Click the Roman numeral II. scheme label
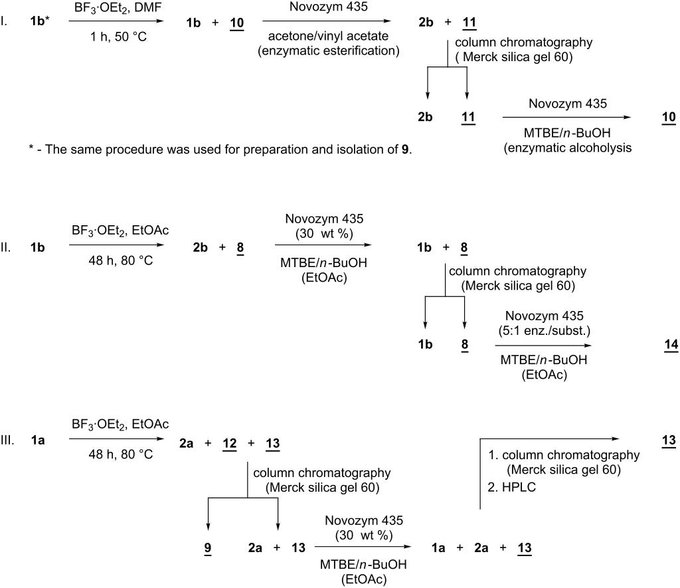tap(5, 248)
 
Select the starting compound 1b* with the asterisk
tap(40, 21)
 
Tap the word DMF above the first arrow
tap(148, 8)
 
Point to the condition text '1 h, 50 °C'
tap(118, 37)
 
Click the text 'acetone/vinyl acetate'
tap(328, 36)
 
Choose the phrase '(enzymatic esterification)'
tap(329, 50)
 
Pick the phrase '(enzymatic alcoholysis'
tap(568, 148)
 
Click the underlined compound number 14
tap(671, 345)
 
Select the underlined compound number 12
tap(229, 444)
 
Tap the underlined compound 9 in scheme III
tap(208, 548)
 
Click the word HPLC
tap(519, 487)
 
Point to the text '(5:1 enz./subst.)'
tap(545, 331)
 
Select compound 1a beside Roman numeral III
tap(38, 441)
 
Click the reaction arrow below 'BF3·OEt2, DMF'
tap(116, 21)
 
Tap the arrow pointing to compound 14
tap(543, 345)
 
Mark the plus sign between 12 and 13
tap(251, 444)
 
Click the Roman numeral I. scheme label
tap(4, 21)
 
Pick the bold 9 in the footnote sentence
tap(405, 149)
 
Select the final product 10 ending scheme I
tap(669, 117)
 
